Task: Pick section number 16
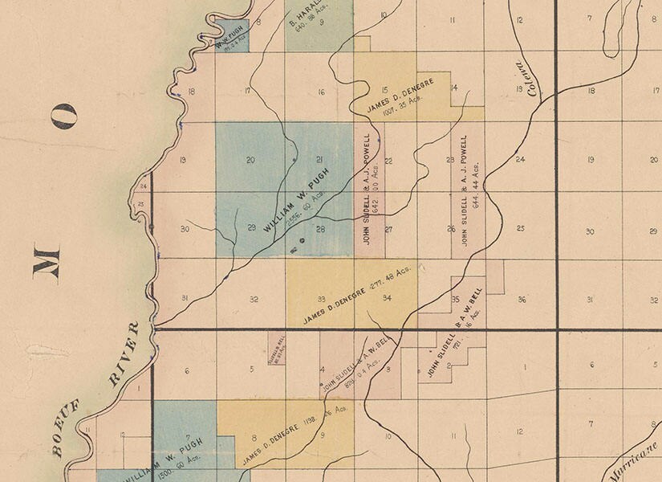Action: click(321, 92)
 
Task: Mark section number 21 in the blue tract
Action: click(319, 159)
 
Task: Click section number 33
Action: click(321, 299)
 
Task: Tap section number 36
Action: click(522, 300)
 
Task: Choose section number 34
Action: click(387, 299)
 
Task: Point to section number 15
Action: click(384, 90)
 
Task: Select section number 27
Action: click(388, 230)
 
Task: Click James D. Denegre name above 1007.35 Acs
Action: click(399, 96)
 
